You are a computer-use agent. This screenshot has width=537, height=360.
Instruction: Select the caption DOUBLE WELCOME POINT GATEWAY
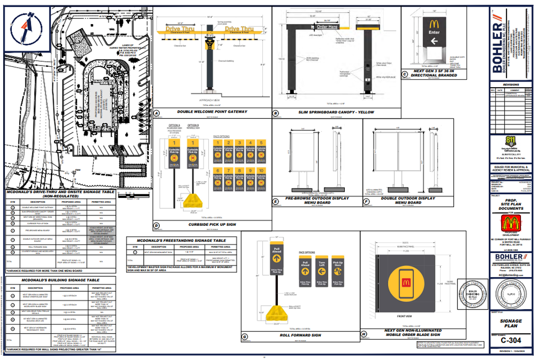coord(212,112)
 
